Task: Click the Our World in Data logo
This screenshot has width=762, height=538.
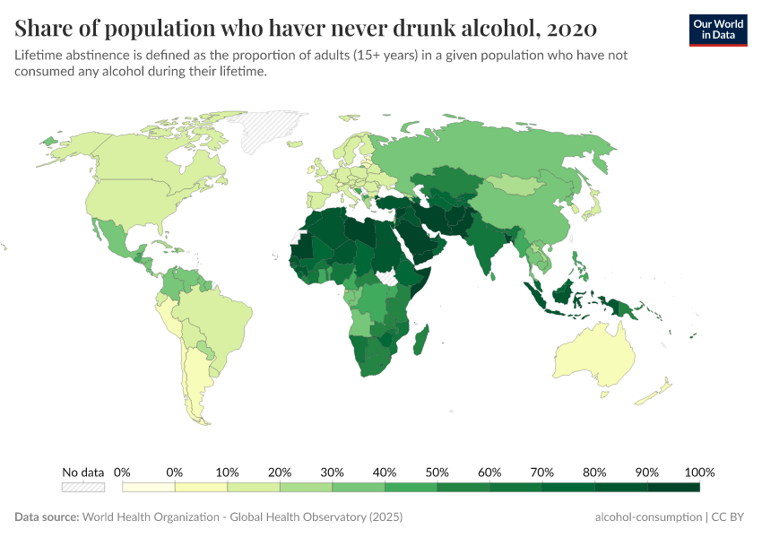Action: (717, 30)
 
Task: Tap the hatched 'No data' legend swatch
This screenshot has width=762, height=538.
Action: (82, 487)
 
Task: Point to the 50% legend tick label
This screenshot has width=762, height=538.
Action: (437, 472)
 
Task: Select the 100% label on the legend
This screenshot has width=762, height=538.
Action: (699, 472)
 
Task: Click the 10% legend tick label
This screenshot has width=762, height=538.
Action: (227, 472)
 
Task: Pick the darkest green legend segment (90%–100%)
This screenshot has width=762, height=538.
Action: (673, 487)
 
